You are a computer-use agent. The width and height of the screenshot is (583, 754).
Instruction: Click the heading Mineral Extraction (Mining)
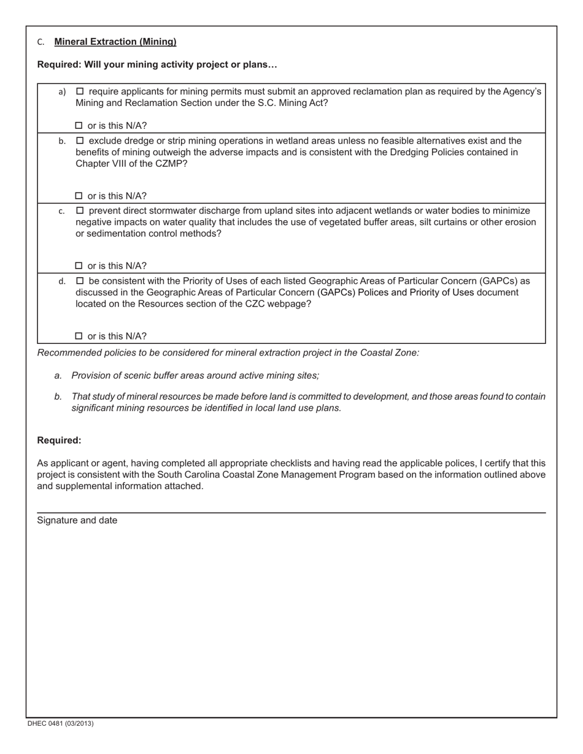(115, 42)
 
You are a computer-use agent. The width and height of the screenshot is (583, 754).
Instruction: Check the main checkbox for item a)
(79, 91)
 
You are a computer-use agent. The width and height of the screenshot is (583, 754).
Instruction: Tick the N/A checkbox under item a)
(79, 126)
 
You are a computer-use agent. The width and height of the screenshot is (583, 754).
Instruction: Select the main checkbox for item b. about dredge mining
(79, 141)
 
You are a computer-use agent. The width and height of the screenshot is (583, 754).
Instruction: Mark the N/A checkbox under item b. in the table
(79, 196)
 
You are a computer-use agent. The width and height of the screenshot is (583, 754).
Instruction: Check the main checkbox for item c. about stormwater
(79, 211)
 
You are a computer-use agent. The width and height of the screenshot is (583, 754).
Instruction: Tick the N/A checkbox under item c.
(79, 266)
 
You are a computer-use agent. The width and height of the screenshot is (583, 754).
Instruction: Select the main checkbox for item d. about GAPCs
(79, 281)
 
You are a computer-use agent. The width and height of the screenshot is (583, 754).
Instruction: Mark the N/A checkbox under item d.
(79, 336)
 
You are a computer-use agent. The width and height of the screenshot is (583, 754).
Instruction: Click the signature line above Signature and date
(291, 512)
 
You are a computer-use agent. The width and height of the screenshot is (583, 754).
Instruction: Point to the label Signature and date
(77, 520)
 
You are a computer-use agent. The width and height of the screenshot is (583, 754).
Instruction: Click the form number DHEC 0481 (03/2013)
(60, 723)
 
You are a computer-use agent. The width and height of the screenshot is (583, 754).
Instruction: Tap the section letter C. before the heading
(41, 42)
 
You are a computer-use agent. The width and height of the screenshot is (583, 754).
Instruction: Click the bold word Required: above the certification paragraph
(59, 441)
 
